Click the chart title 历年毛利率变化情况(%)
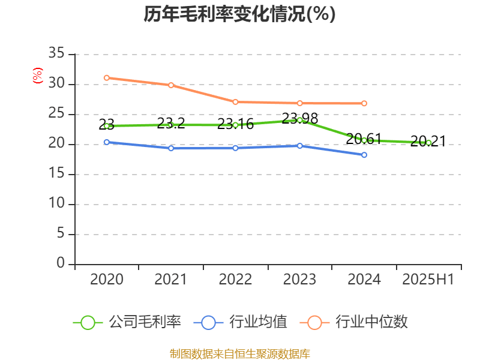(x=239, y=14)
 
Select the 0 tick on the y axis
(x=61, y=264)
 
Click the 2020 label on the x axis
(x=106, y=280)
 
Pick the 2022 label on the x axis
(x=235, y=280)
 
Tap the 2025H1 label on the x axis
(x=428, y=280)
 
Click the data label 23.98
(x=300, y=118)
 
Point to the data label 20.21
(x=428, y=142)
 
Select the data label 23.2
(x=171, y=124)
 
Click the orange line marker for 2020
(x=106, y=77)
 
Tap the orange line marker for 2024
(x=364, y=103)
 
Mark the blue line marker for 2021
(x=171, y=148)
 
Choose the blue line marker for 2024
(x=364, y=155)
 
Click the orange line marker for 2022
(x=235, y=102)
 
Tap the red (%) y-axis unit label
(x=38, y=76)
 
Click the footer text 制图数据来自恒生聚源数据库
(x=239, y=353)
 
